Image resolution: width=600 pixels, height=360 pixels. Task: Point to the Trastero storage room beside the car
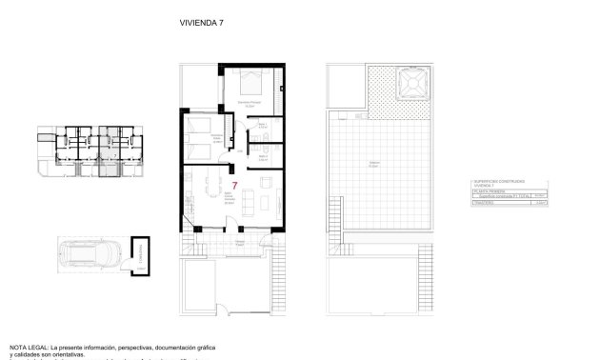[x=141, y=255]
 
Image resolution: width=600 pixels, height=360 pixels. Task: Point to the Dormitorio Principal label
[x=250, y=103]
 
